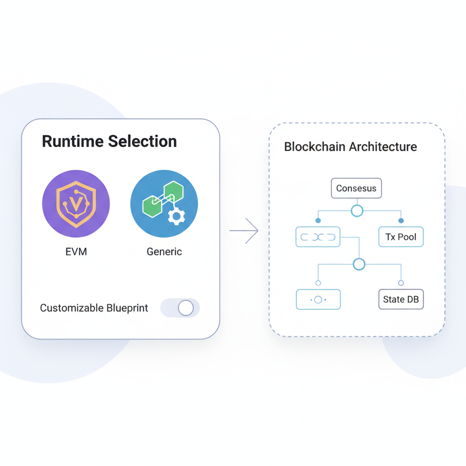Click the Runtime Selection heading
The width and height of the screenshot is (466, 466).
[x=109, y=141]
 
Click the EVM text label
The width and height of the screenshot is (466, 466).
[x=76, y=252]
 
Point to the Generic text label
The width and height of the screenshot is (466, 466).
[x=164, y=252]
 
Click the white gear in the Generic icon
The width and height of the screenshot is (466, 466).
[x=177, y=217]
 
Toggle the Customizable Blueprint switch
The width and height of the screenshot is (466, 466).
[x=180, y=308]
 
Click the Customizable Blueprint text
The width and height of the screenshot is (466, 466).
[x=94, y=308]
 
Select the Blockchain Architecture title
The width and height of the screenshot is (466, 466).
[x=350, y=147]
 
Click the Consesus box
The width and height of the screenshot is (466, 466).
[x=356, y=188]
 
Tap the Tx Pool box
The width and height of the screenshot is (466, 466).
[x=401, y=237]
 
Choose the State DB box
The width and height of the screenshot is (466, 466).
[x=401, y=299]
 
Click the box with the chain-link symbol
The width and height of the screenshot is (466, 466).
[x=318, y=237]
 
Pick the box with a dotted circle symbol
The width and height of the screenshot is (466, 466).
[x=318, y=299]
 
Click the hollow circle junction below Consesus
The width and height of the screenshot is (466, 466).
[x=357, y=211]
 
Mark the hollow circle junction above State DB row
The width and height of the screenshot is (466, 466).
[x=359, y=264]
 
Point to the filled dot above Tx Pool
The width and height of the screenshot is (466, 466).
[x=401, y=221]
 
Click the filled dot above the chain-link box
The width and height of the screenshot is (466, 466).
[x=318, y=221]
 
